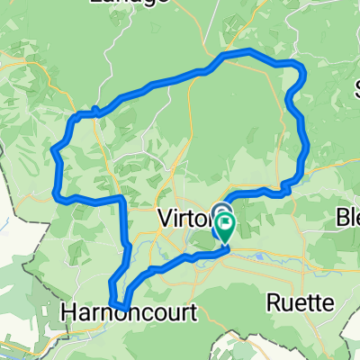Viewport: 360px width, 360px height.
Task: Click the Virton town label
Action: (184, 218)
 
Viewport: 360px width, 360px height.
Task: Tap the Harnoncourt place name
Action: (125, 310)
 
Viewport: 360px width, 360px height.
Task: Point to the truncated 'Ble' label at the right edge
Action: (348, 218)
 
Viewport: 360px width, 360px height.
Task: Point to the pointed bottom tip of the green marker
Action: (223, 242)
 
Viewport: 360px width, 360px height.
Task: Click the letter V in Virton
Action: (163, 218)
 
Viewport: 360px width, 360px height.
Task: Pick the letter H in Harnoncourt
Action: (69, 310)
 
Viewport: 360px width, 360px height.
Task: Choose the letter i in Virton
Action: (173, 218)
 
